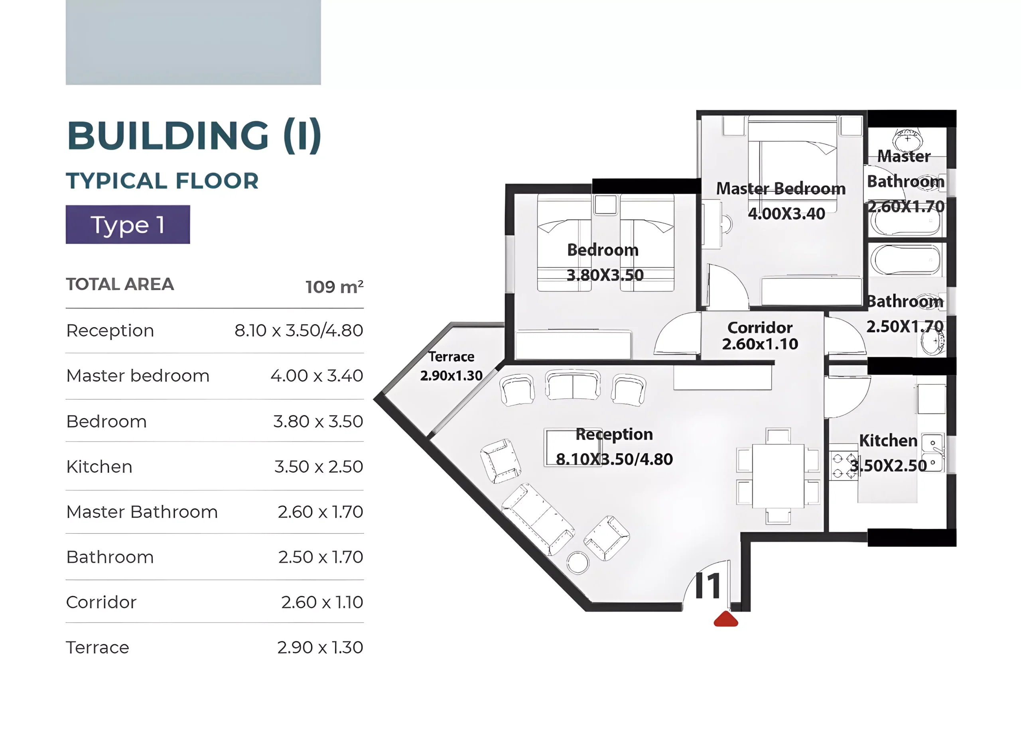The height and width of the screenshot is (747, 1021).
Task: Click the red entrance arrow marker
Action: [725, 619]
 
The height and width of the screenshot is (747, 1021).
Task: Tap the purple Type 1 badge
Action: [128, 224]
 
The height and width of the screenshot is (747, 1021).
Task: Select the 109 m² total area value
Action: [334, 287]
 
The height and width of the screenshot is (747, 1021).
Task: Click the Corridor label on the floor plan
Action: [760, 327]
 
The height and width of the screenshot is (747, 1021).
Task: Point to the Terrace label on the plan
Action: [451, 357]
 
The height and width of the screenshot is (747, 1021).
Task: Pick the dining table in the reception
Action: [778, 476]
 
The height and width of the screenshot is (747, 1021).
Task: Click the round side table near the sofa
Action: [578, 563]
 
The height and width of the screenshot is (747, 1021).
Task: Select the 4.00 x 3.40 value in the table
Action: [317, 376]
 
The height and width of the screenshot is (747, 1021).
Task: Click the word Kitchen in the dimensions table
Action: [99, 467]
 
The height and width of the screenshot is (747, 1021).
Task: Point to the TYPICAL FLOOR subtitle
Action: [162, 181]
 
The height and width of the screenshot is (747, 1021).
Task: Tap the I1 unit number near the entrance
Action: [708, 586]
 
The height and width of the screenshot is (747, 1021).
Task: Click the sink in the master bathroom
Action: [907, 139]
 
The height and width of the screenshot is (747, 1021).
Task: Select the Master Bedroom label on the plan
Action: [781, 189]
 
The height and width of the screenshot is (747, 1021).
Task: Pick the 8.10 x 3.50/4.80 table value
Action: [299, 330]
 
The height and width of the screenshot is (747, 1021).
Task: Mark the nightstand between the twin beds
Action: [605, 205]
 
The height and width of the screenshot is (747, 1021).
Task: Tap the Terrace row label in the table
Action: [98, 647]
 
